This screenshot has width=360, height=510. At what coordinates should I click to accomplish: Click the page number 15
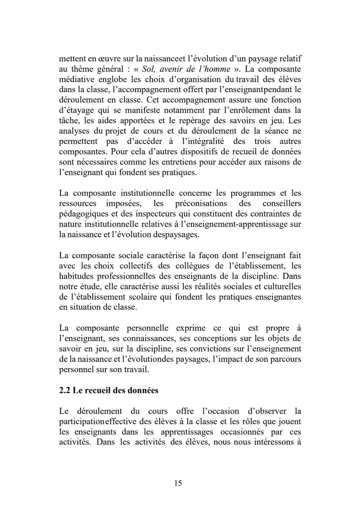178,483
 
